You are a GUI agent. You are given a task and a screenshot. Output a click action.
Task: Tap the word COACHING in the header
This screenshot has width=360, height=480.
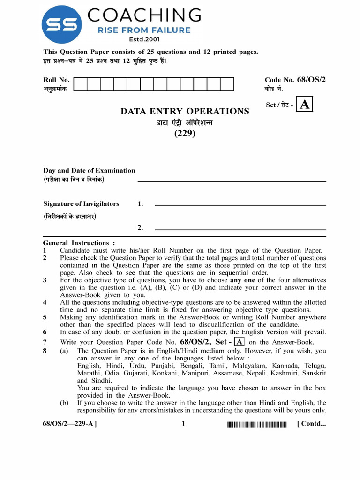click(144, 15)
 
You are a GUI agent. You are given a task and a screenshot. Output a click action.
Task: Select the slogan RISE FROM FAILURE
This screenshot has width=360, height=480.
click(144, 30)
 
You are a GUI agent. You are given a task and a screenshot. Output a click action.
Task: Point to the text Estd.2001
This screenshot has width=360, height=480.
click(143, 39)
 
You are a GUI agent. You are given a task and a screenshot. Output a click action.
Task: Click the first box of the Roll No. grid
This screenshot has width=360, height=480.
click(80, 84)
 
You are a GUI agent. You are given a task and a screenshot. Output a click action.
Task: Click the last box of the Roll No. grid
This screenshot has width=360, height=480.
click(227, 84)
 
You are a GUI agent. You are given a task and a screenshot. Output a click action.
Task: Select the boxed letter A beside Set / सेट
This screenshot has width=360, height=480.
click(305, 105)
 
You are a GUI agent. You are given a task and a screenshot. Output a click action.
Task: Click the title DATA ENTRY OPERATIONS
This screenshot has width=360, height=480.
click(185, 112)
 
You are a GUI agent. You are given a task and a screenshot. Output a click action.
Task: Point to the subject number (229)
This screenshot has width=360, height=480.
click(185, 133)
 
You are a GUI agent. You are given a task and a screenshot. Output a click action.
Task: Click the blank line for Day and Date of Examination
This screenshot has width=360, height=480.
click(232, 181)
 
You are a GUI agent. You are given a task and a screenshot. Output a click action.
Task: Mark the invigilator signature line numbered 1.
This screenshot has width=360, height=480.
click(240, 205)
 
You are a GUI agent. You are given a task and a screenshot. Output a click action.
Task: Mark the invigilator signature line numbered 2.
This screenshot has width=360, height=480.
click(240, 229)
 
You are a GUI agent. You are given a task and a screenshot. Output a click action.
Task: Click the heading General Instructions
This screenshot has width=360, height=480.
click(79, 243)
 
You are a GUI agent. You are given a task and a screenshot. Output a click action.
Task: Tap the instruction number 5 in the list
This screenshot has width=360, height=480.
click(45, 317)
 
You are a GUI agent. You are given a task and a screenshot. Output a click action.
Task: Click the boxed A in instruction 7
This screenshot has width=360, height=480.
click(239, 342)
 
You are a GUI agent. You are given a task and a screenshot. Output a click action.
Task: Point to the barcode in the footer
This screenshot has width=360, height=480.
click(257, 425)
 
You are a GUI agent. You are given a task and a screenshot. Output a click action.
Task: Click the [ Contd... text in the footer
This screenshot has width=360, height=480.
click(311, 424)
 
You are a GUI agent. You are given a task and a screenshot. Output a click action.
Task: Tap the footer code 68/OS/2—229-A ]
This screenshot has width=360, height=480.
click(70, 424)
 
